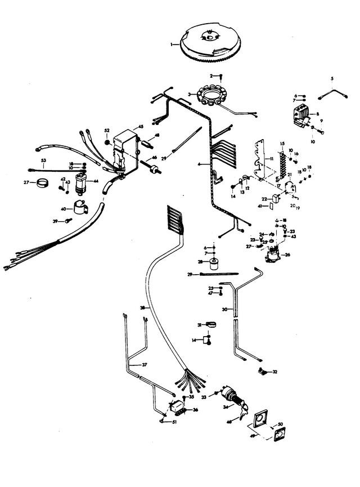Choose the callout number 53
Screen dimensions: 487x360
click(x=43, y=161)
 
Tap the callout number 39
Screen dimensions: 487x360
click(x=55, y=221)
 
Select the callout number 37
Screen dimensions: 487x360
click(x=145, y=365)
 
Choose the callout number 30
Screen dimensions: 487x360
click(x=224, y=309)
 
